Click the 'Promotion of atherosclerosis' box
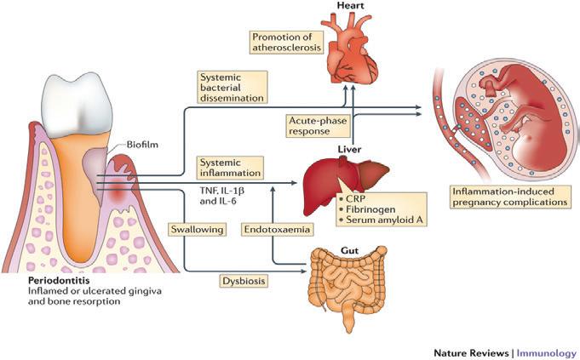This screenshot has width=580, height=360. point(284,42)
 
